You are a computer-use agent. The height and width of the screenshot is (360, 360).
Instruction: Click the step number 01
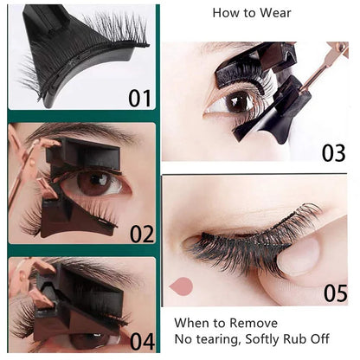(x=139, y=99)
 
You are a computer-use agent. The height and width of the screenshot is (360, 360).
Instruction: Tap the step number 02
(x=142, y=234)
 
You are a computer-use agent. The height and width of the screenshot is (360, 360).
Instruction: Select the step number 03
(x=333, y=153)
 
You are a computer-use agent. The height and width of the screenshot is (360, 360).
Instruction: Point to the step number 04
(x=142, y=342)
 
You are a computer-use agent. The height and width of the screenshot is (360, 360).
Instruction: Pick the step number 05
(x=336, y=293)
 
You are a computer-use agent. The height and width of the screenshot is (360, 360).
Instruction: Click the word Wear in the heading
(x=275, y=13)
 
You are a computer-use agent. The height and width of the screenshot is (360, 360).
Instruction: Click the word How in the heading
(x=224, y=13)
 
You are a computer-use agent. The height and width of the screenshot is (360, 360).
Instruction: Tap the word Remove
(x=254, y=323)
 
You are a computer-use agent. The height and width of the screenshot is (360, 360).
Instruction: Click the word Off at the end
(x=320, y=339)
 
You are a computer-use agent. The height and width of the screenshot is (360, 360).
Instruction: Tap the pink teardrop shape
(x=181, y=286)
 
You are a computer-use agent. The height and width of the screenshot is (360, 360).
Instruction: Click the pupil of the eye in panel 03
(x=236, y=101)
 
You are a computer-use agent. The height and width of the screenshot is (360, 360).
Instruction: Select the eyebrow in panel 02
(x=80, y=133)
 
